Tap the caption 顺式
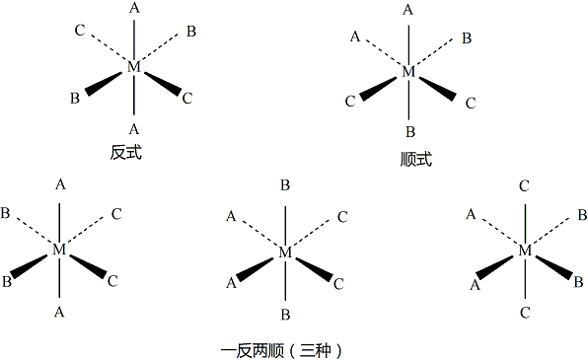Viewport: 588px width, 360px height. pos(409,159)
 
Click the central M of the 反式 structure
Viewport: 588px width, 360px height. pos(134,67)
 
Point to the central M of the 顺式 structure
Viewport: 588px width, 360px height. pos(409,73)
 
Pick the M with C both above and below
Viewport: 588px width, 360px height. pos(525,252)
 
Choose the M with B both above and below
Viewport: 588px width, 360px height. pos(285,252)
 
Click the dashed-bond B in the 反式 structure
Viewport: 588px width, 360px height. pos(190,32)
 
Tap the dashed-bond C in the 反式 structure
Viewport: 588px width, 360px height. pos(79,32)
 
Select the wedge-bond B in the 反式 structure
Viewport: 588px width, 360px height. pos(75,99)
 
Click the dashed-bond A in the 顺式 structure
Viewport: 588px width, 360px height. pos(354,37)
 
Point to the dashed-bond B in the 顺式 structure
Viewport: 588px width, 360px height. pos(466,38)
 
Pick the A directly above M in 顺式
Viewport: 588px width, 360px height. pos(409,10)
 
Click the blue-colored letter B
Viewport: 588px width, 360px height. pos(578,282)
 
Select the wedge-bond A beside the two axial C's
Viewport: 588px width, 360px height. pos(474,285)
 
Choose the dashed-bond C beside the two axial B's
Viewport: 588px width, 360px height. pos(341,216)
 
